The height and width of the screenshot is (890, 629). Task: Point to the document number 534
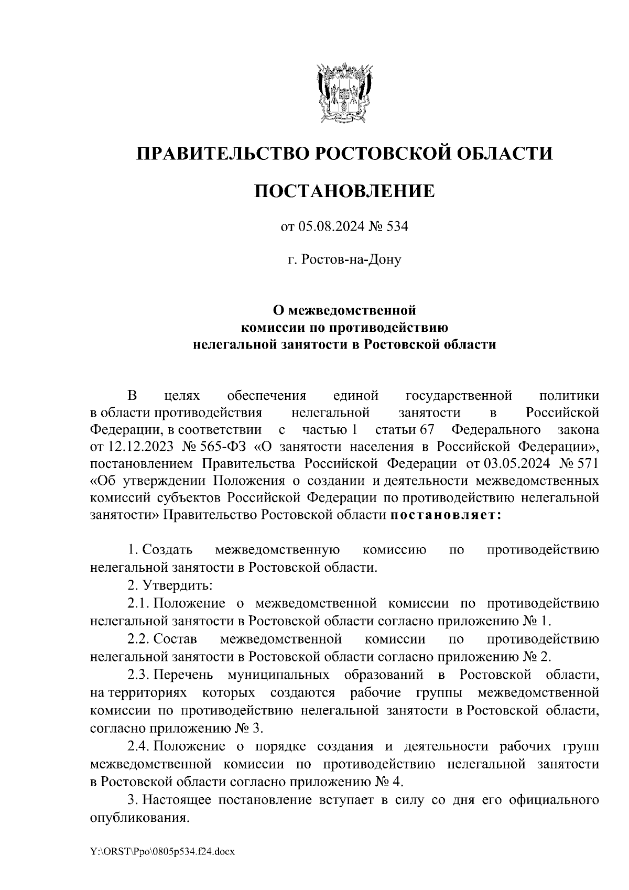coord(396,227)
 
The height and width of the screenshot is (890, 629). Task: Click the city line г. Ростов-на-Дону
coord(344,259)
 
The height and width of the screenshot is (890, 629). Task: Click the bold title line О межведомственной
coord(344,310)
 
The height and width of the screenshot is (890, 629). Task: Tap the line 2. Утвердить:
coord(169,584)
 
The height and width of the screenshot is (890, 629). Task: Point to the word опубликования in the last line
coord(139,818)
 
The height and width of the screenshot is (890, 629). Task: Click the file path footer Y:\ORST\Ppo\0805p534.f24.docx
coord(162,852)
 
